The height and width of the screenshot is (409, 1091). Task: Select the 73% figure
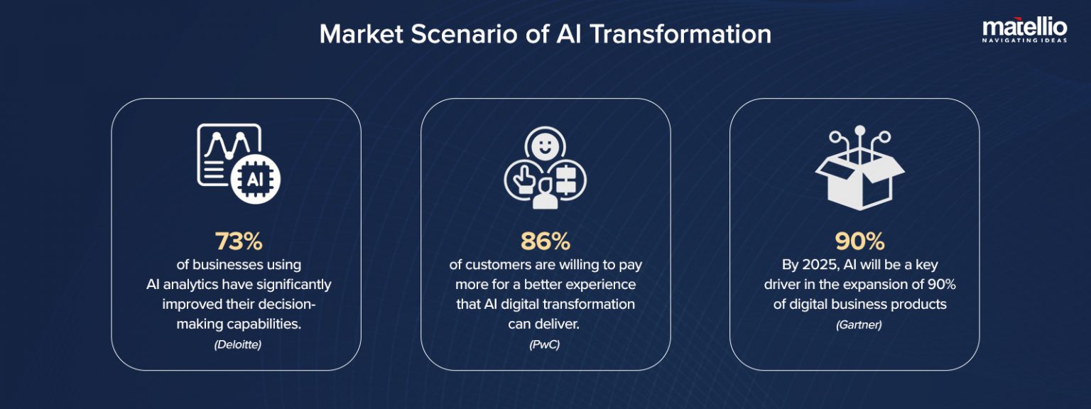pyautogui.click(x=238, y=241)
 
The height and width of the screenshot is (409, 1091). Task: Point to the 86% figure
pyautogui.click(x=545, y=241)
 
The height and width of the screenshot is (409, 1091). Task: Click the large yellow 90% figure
pyautogui.click(x=859, y=241)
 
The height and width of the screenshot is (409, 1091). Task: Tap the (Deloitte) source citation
pyautogui.click(x=238, y=345)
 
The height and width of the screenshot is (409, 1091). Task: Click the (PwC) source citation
pyautogui.click(x=545, y=345)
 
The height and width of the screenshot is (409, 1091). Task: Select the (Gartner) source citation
pyautogui.click(x=859, y=325)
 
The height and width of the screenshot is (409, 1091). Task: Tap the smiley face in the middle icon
pyautogui.click(x=545, y=148)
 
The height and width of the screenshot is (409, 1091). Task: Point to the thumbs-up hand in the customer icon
pyautogui.click(x=520, y=178)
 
